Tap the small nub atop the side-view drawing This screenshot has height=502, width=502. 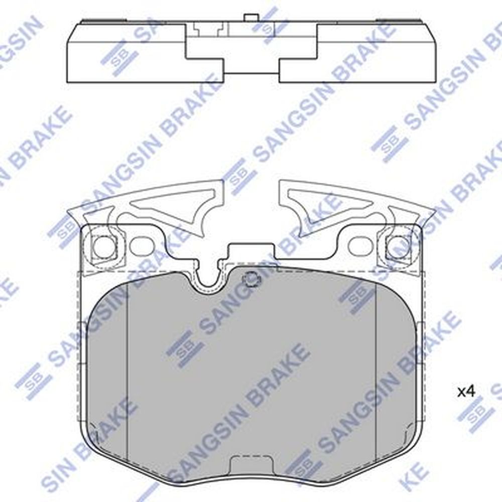point(250,18)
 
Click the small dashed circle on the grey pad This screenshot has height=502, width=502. point(251,279)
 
